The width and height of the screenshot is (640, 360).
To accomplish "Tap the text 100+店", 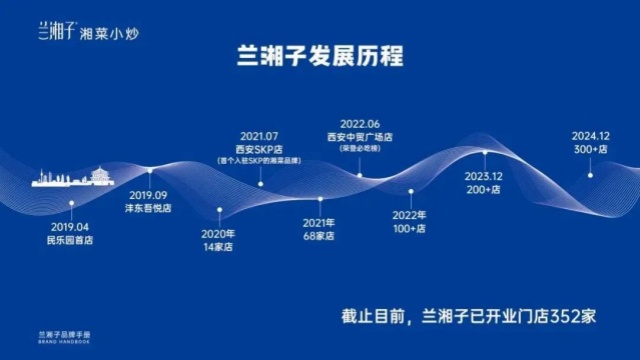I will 409,226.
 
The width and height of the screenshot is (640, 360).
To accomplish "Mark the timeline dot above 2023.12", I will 485,152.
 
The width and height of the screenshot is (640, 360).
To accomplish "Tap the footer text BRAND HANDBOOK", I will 65,343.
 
